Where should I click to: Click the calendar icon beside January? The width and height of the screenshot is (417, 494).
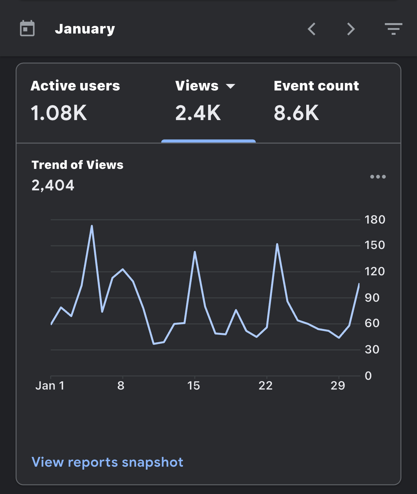27,28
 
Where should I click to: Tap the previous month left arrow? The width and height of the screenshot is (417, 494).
311,29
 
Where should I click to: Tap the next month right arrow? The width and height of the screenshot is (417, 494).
351,29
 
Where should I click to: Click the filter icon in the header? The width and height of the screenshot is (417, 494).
393,29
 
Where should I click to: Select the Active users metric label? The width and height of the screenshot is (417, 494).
75,86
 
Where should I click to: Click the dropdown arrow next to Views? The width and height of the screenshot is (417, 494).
231,86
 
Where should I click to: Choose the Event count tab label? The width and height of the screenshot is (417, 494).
316,86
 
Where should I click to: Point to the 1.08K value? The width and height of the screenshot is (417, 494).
59,113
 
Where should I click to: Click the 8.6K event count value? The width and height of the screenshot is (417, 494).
296,113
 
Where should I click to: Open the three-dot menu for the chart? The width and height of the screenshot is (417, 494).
378,177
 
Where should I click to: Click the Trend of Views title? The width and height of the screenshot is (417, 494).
78,165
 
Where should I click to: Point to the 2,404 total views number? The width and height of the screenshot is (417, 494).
53,185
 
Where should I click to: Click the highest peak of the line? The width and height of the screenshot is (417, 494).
92,226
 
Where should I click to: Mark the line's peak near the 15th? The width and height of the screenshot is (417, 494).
195,252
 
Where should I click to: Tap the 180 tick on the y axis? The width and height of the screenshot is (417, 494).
375,220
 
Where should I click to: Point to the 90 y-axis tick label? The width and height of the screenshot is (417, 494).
372,298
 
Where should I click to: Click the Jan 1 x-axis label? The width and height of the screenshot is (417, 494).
50,386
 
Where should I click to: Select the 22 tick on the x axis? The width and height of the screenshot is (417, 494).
266,386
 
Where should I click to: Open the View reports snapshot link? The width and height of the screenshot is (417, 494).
107,462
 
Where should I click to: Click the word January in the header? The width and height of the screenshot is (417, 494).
85,29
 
